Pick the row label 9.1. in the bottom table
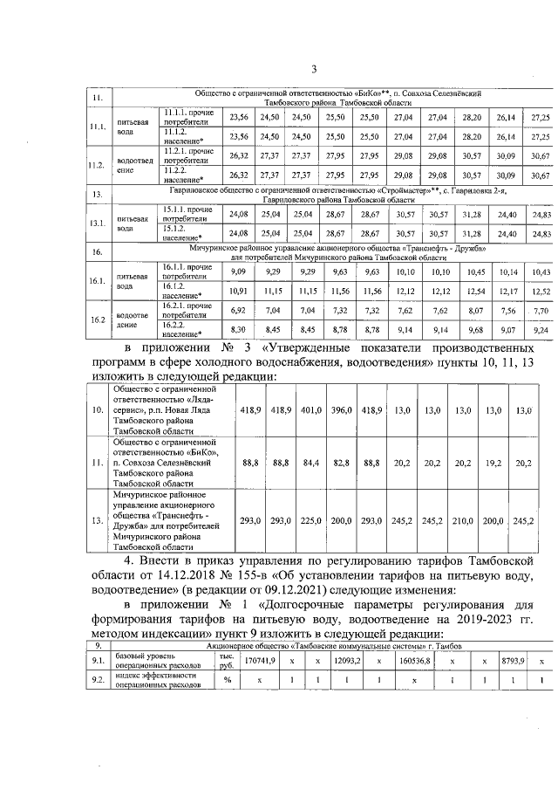click(x=99, y=662)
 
